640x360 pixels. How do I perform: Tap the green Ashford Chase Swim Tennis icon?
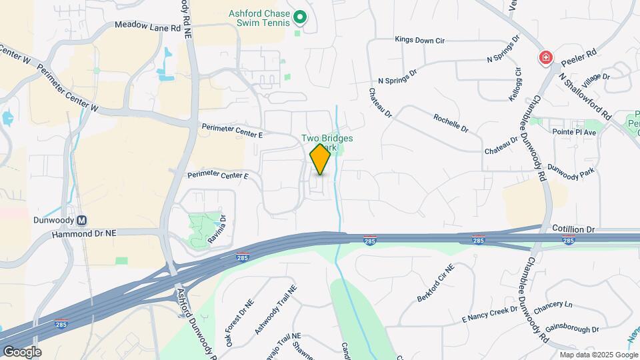coord(300,17)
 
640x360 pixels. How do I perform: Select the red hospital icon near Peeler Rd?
coord(546,58)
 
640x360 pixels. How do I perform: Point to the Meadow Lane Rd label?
coord(147,27)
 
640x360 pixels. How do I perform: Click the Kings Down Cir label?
coord(419,40)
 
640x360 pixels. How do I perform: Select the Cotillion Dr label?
coord(573,229)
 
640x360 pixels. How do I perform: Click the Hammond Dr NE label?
coord(84,233)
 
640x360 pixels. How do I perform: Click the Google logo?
coord(22,352)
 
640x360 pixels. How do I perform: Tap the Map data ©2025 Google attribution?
coord(599,355)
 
